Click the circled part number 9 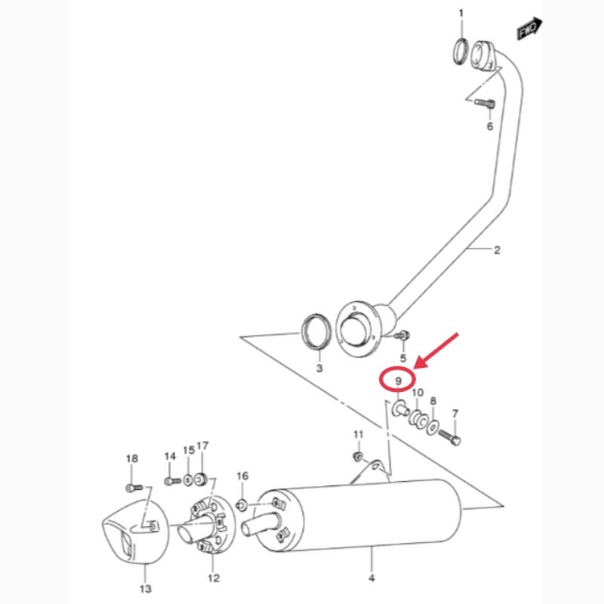pyautogui.click(x=399, y=381)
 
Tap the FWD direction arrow pyautogui.click(x=530, y=29)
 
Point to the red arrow pyautogui.click(x=437, y=350)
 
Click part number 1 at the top pyautogui.click(x=461, y=14)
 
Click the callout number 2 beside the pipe pyautogui.click(x=497, y=250)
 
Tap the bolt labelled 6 pyautogui.click(x=485, y=103)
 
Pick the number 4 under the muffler pyautogui.click(x=371, y=578)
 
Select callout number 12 pyautogui.click(x=214, y=578)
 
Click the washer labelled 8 pyautogui.click(x=433, y=427)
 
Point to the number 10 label pyautogui.click(x=418, y=393)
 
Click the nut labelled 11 pyautogui.click(x=358, y=457)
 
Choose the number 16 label pyautogui.click(x=242, y=476)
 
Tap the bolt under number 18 pyautogui.click(x=134, y=488)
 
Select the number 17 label pyautogui.click(x=202, y=445)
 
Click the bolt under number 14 pyautogui.click(x=173, y=481)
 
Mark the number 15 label pyautogui.click(x=189, y=450)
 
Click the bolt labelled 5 pyautogui.click(x=402, y=336)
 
